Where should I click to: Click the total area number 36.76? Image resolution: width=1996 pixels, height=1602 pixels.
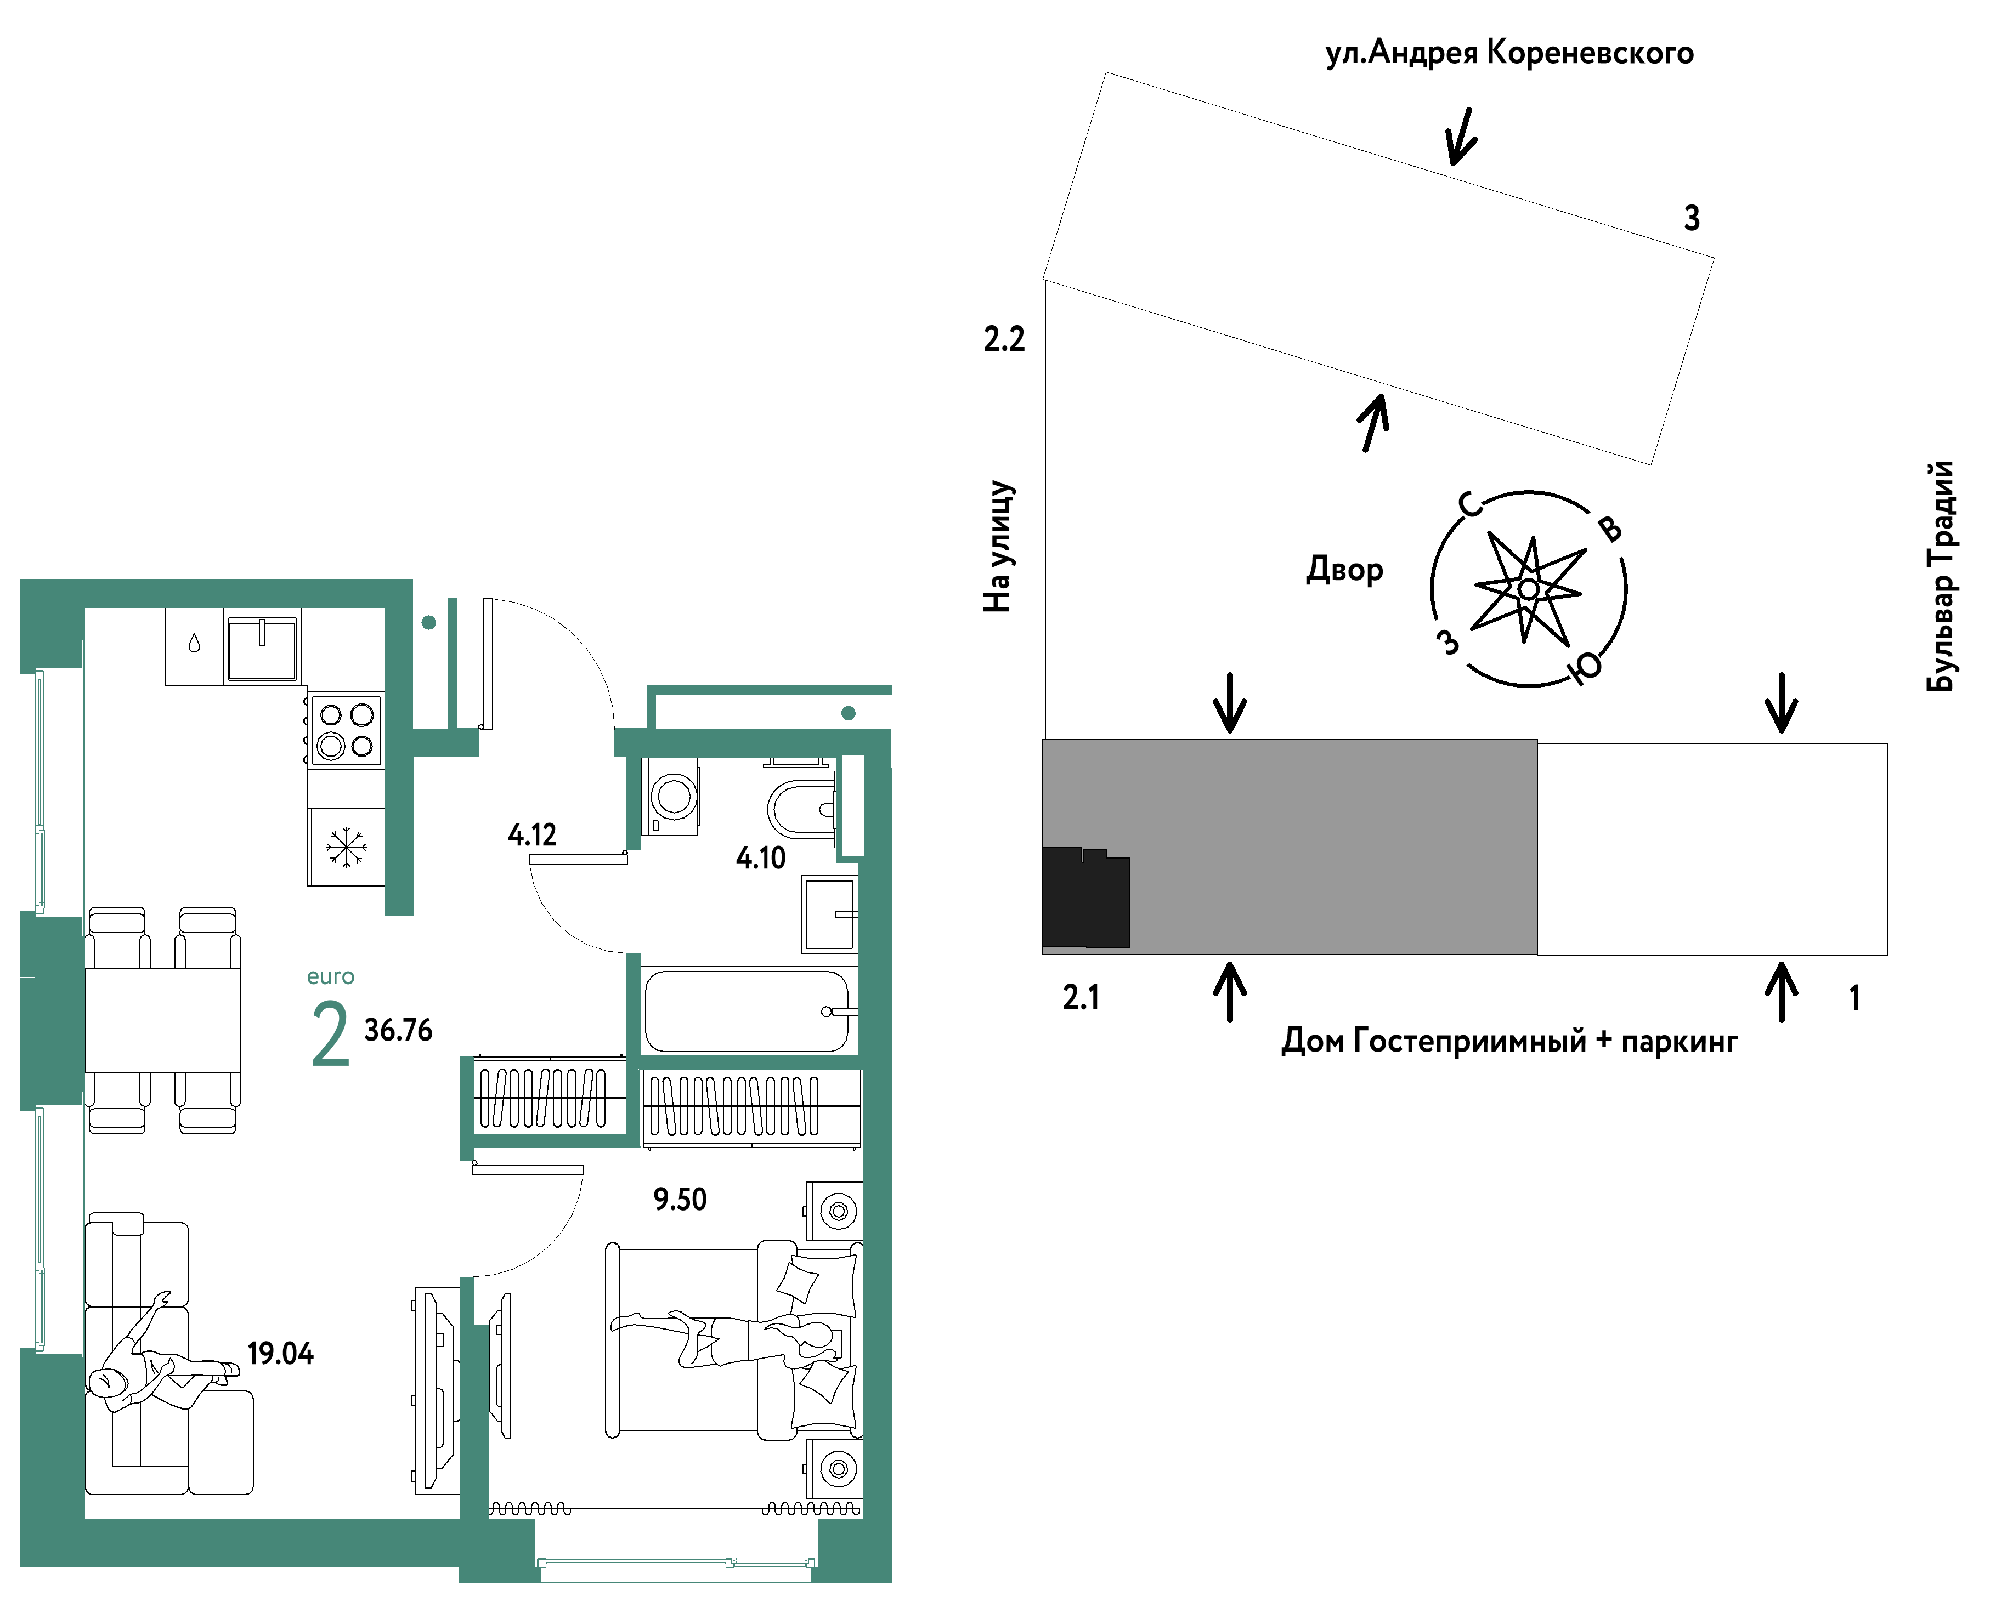[398, 1030]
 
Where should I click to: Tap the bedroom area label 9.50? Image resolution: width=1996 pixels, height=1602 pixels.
[680, 1200]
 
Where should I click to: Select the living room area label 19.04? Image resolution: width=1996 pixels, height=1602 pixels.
[280, 1354]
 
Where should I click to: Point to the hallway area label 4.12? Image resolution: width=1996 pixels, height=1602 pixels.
[533, 835]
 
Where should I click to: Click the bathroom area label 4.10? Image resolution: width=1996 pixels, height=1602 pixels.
[761, 858]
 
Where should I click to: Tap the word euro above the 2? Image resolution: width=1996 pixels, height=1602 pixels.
[331, 976]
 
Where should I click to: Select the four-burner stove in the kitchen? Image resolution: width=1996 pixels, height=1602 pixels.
[346, 729]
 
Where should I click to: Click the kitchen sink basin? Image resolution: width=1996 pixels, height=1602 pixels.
[263, 649]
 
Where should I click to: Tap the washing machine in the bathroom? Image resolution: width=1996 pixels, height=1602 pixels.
[671, 797]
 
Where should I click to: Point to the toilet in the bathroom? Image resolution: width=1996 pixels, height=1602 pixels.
[802, 808]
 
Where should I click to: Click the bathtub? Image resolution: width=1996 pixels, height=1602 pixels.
[748, 1010]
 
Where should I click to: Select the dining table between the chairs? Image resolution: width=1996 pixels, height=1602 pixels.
[163, 1020]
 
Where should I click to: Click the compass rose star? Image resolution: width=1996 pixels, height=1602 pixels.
[1529, 589]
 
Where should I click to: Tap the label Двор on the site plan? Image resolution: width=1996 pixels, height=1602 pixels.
[1344, 569]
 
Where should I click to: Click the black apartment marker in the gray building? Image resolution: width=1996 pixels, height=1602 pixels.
[1086, 897]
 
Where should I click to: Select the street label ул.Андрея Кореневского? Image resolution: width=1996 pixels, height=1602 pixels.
[1509, 53]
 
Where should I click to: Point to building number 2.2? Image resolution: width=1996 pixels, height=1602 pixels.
[1004, 340]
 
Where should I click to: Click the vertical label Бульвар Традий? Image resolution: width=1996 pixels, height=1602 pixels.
[1941, 576]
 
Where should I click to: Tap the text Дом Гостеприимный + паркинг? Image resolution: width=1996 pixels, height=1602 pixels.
[1509, 1041]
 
